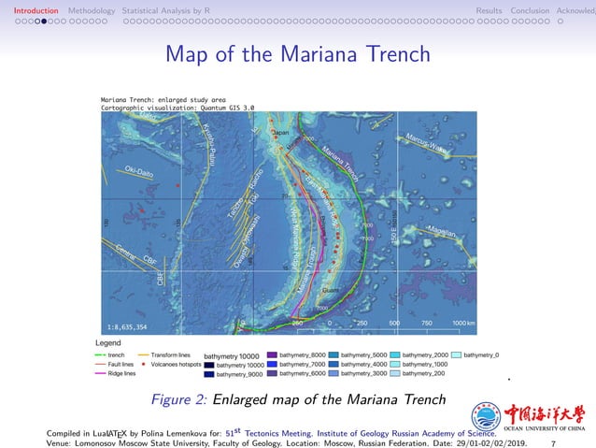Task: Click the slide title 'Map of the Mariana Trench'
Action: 297,53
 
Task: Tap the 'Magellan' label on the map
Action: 439,229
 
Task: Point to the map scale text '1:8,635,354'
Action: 128,326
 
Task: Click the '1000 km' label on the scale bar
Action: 464,323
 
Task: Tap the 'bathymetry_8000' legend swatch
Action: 272,355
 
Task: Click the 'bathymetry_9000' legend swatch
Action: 209,374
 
